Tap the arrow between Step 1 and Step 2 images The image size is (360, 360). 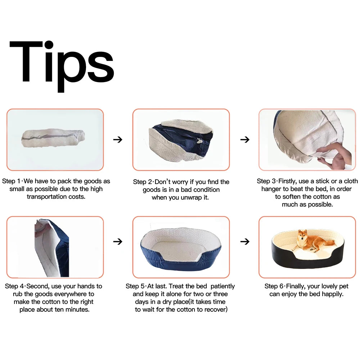tap(118, 139)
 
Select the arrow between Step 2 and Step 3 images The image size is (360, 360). tap(245, 139)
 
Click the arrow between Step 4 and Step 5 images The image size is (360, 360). tap(118, 242)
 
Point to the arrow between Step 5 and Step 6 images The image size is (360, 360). tap(245, 242)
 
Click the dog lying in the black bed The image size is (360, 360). tap(314, 242)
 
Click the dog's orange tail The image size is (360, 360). tap(330, 242)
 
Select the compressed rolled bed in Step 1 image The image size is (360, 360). tap(53, 138)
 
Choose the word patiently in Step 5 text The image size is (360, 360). tap(222, 287)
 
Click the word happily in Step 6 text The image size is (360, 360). tap(332, 294)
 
